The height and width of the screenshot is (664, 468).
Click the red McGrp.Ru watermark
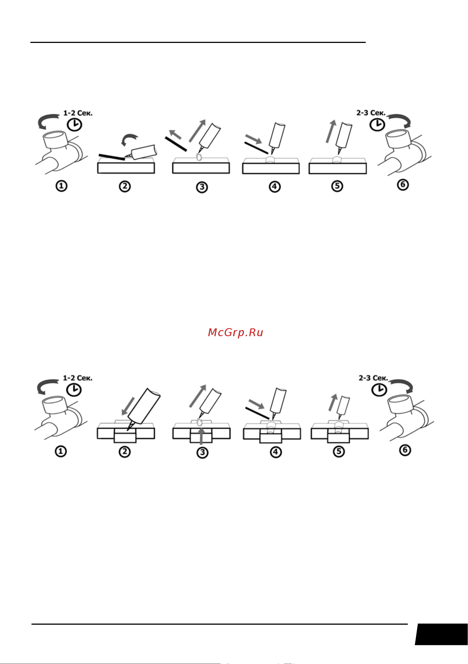click(x=236, y=333)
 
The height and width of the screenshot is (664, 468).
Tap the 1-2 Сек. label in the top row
click(x=78, y=113)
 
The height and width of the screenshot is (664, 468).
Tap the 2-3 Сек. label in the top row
click(x=371, y=113)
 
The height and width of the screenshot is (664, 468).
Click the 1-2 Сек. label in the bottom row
click(x=78, y=378)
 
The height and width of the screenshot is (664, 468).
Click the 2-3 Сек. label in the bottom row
click(x=374, y=378)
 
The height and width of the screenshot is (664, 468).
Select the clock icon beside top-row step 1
click(x=75, y=125)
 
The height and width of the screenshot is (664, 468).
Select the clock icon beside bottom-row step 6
click(x=379, y=390)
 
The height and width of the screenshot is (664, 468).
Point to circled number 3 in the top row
click(x=202, y=187)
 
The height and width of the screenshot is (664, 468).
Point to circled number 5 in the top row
click(x=337, y=186)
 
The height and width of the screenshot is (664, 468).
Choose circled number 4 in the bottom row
click(x=276, y=452)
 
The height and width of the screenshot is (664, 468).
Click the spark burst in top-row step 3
click(x=199, y=157)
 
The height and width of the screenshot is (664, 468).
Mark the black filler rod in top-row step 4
click(x=256, y=148)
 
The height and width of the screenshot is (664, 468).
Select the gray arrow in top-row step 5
click(x=331, y=131)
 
